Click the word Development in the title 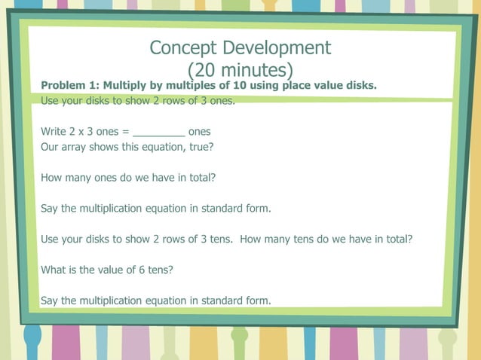(277, 48)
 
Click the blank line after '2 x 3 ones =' (158, 132)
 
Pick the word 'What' (54, 270)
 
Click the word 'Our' (51, 148)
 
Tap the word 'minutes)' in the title (253, 71)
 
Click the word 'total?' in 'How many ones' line (201, 178)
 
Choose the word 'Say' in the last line (50, 301)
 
